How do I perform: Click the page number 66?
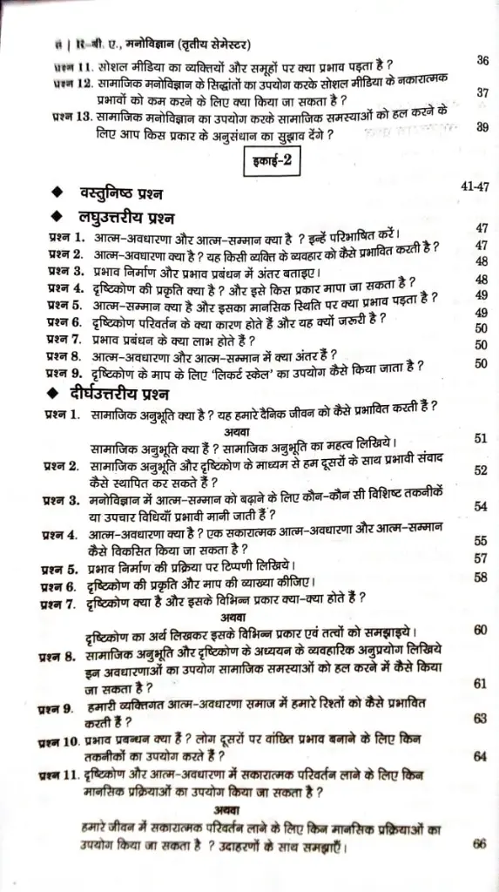point(479,844)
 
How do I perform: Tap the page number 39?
point(482,127)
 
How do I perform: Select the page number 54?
point(480,506)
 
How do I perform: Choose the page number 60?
point(480,630)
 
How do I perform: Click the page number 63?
point(480,719)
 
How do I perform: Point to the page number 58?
point(480,577)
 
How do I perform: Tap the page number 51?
point(480,438)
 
